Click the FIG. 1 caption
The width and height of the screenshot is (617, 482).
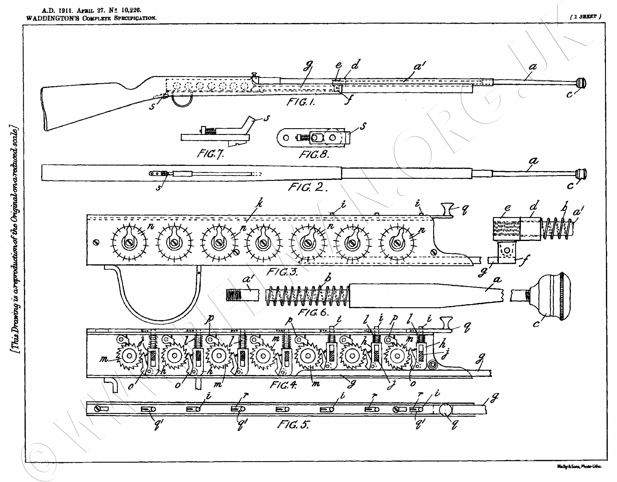click(x=300, y=102)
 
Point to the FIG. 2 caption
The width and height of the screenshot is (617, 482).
click(x=307, y=187)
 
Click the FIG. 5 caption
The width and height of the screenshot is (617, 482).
click(x=293, y=425)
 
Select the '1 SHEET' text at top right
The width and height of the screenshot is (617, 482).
click(x=585, y=17)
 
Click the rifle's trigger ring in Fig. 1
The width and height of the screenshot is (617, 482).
click(x=183, y=100)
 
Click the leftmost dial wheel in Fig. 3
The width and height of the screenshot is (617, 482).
click(x=129, y=243)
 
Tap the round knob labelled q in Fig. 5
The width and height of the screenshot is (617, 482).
click(x=445, y=410)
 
